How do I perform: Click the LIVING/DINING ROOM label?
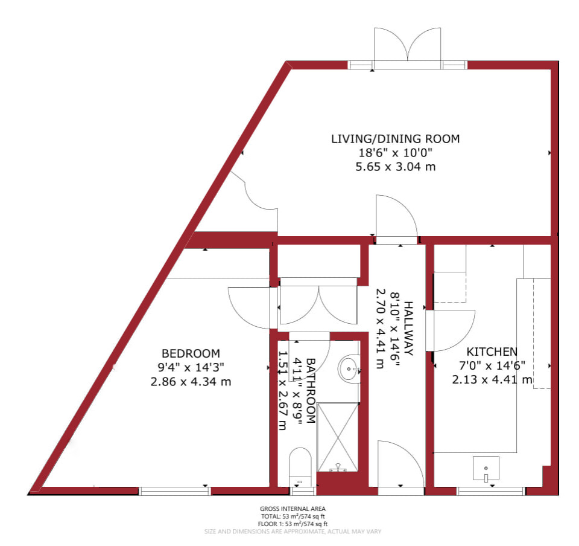395,139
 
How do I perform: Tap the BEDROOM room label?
191,353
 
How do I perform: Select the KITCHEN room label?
492,352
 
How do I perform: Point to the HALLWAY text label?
408,329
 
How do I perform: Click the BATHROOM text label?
311,391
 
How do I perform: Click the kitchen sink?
486,468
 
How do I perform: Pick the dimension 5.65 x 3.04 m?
396,167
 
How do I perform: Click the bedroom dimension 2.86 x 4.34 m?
191,382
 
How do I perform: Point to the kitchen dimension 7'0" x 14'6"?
492,365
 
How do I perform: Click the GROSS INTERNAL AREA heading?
293,509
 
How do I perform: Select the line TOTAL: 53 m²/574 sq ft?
293,516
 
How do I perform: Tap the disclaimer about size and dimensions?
293,532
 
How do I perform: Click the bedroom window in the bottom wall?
175,491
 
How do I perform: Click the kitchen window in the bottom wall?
491,491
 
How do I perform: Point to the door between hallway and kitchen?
451,330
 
